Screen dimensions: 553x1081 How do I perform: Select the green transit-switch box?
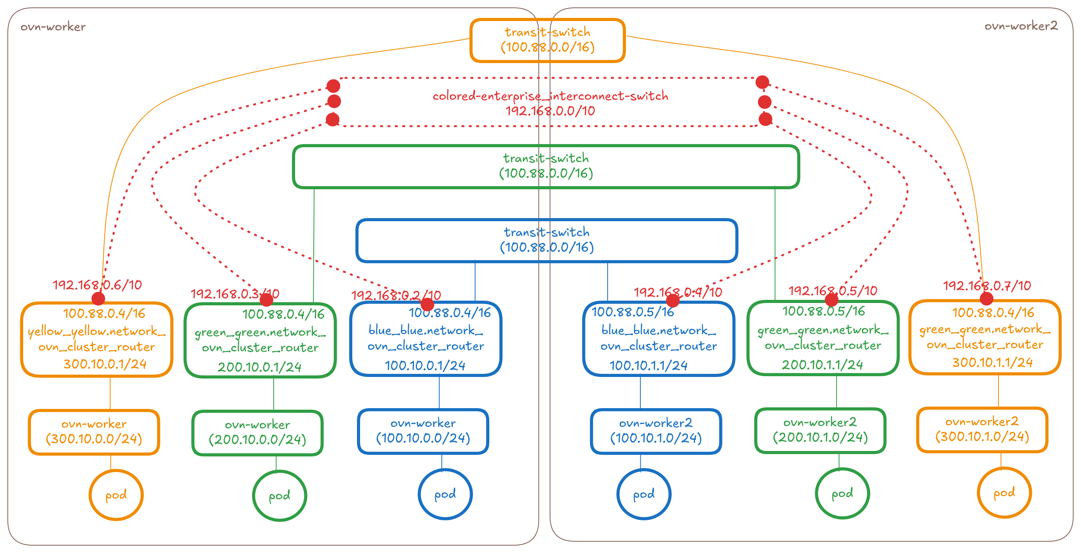[x=545, y=166]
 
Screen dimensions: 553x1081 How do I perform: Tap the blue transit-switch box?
[x=547, y=240]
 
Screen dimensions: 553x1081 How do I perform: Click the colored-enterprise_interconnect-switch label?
[x=550, y=96]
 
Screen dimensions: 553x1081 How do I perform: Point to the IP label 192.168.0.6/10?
[x=97, y=285]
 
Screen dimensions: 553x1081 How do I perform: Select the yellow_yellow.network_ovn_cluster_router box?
[x=97, y=339]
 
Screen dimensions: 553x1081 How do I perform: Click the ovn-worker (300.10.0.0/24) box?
[x=94, y=431]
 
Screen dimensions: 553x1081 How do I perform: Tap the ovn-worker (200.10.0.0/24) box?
[x=257, y=433]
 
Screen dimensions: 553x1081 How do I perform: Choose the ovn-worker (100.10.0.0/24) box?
[x=423, y=431]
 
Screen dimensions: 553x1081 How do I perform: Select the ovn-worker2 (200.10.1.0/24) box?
[x=820, y=430]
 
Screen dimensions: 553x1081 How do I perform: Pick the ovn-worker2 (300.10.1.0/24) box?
[x=982, y=430]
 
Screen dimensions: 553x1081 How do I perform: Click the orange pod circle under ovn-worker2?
[x=1004, y=493]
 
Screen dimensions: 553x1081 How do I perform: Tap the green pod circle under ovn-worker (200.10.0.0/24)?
[x=279, y=495]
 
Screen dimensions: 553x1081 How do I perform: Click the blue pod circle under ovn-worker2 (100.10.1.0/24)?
[x=644, y=494]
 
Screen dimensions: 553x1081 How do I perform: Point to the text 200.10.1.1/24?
[x=822, y=365]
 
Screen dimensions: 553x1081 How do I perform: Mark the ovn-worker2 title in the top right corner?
[x=1021, y=26]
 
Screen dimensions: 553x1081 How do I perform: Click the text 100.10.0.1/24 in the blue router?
[x=425, y=366]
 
